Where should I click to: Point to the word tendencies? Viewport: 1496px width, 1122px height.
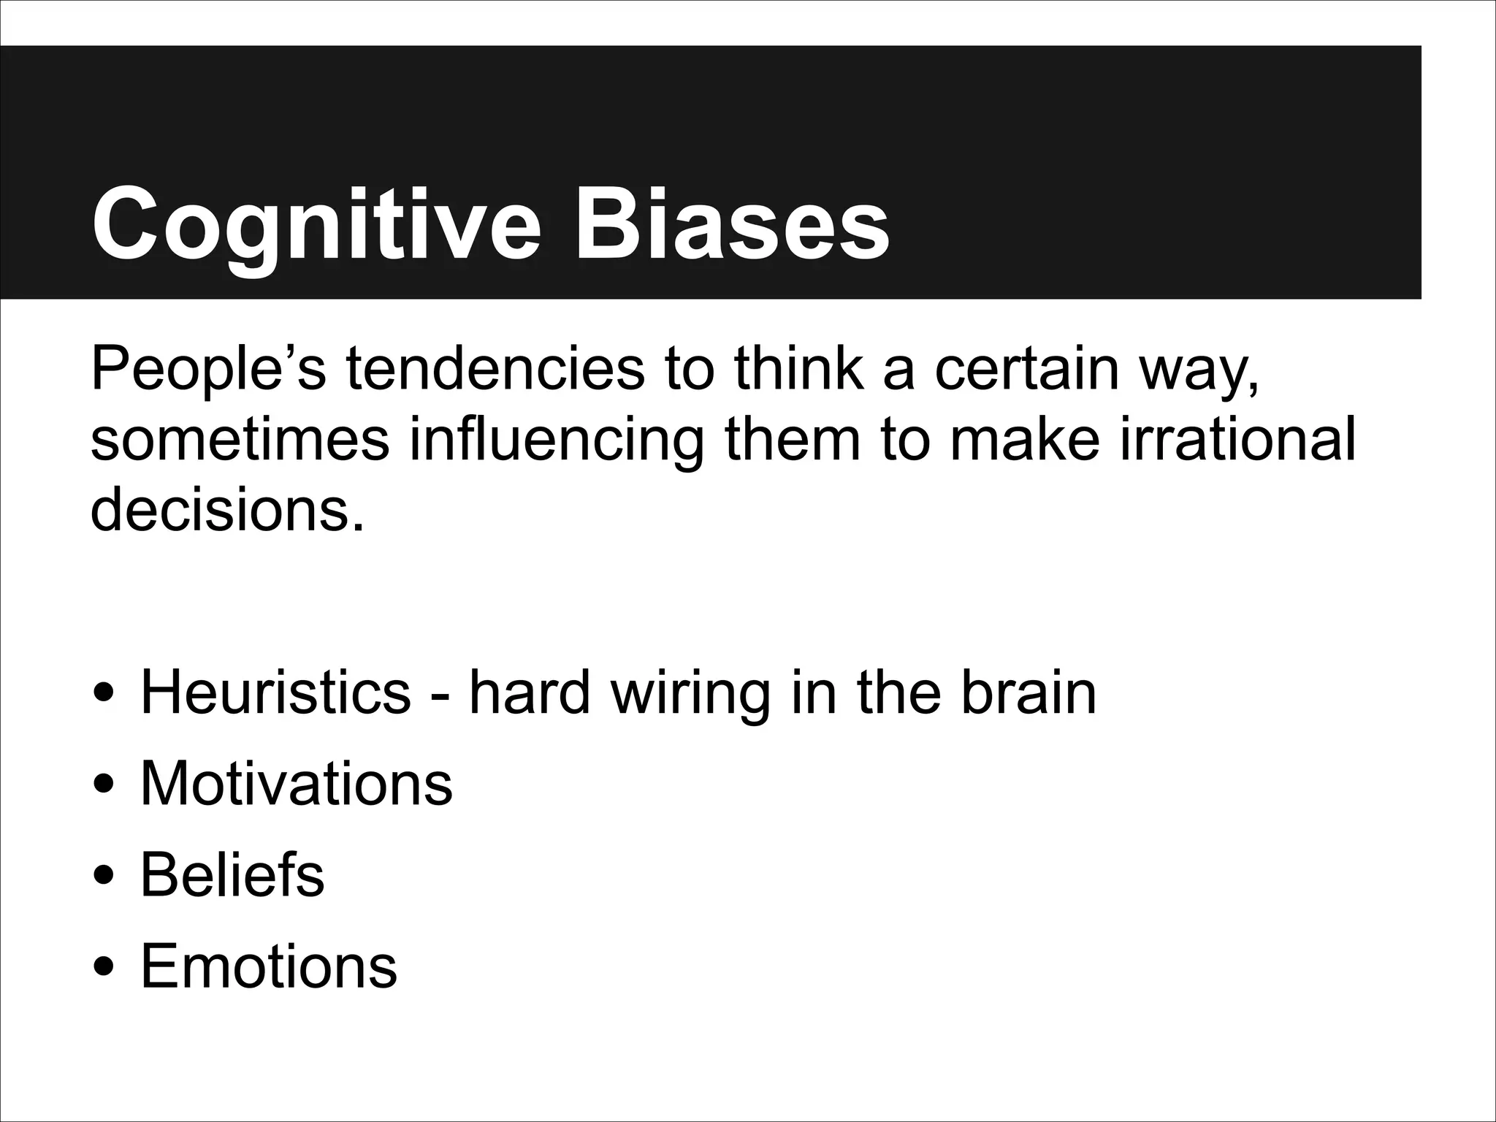tap(495, 370)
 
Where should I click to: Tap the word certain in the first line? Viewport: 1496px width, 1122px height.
tap(1027, 370)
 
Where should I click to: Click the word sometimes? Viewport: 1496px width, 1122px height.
tap(240, 440)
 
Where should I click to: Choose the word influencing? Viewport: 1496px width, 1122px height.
tap(556, 441)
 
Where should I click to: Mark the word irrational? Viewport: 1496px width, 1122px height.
tap(1237, 440)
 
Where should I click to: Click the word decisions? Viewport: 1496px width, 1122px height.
tap(226, 509)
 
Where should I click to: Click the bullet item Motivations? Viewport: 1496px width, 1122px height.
tap(296, 784)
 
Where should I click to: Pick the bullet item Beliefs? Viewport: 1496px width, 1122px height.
tap(232, 875)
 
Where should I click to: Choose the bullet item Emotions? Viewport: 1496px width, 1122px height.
tap(268, 966)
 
